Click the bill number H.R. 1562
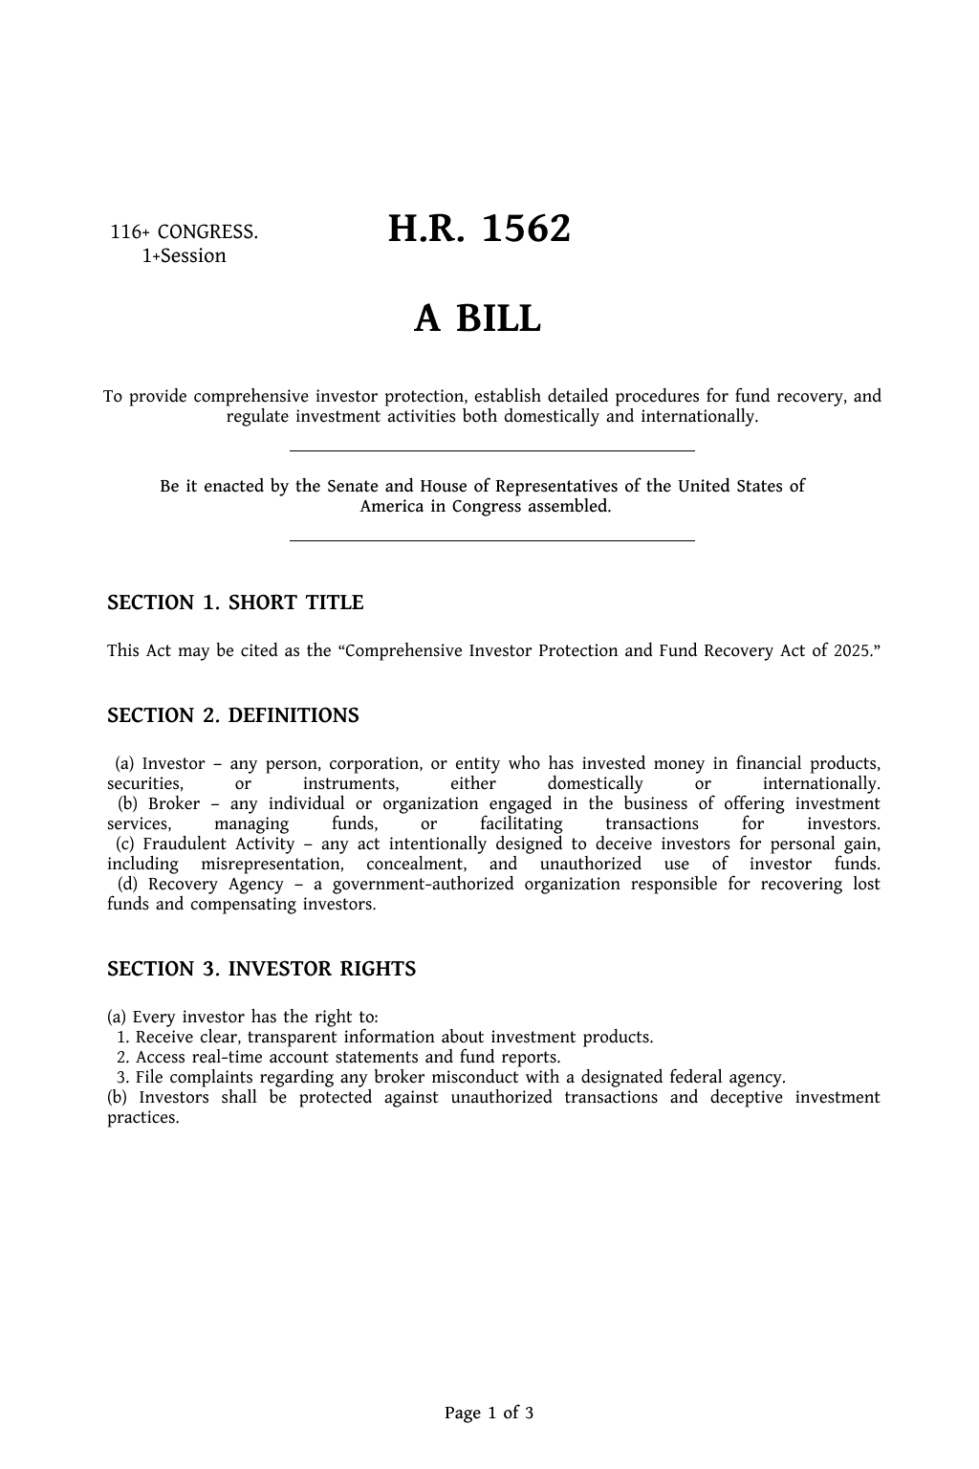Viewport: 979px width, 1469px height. pos(479,230)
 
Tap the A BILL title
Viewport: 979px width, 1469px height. pos(477,318)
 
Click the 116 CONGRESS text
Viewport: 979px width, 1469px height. pos(184,231)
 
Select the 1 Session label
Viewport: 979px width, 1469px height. pos(184,256)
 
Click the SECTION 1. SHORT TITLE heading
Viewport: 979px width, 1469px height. pos(235,603)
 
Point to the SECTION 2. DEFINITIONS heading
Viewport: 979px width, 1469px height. pos(233,715)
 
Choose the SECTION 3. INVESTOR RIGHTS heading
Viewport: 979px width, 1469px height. pos(261,969)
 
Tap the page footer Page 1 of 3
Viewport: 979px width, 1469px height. pos(489,1413)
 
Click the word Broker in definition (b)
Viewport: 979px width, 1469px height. pos(174,804)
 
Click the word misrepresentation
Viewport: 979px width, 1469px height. pos(272,865)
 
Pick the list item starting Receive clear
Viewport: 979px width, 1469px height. pos(394,1038)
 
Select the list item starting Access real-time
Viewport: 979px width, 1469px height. pos(348,1058)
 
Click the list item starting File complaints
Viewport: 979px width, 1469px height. pos(460,1078)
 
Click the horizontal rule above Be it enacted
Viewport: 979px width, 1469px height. pos(491,450)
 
